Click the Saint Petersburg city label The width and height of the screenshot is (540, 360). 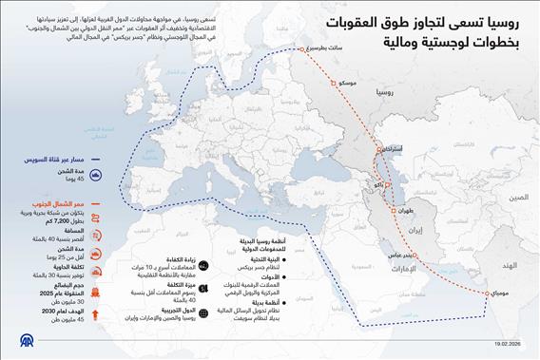tap(328, 49)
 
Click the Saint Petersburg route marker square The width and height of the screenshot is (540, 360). tap(303, 49)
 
